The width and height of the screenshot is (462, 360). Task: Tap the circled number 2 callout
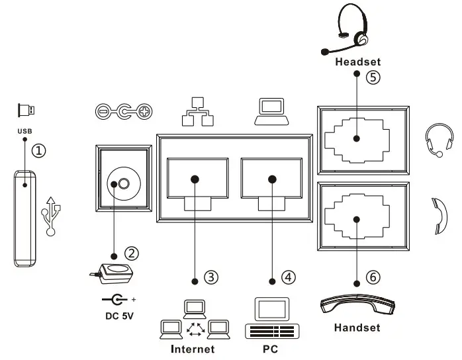[132, 253]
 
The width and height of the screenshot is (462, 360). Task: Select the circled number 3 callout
[211, 277]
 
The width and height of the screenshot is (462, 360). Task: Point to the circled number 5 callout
[373, 77]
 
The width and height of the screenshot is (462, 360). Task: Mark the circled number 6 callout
[373, 277]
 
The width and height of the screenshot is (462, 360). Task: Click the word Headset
[358, 62]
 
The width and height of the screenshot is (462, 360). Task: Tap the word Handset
[357, 328]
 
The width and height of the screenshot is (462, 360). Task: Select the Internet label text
[193, 349]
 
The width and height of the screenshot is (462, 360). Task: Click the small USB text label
[24, 130]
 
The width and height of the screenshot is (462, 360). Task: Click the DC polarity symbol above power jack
[124, 112]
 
